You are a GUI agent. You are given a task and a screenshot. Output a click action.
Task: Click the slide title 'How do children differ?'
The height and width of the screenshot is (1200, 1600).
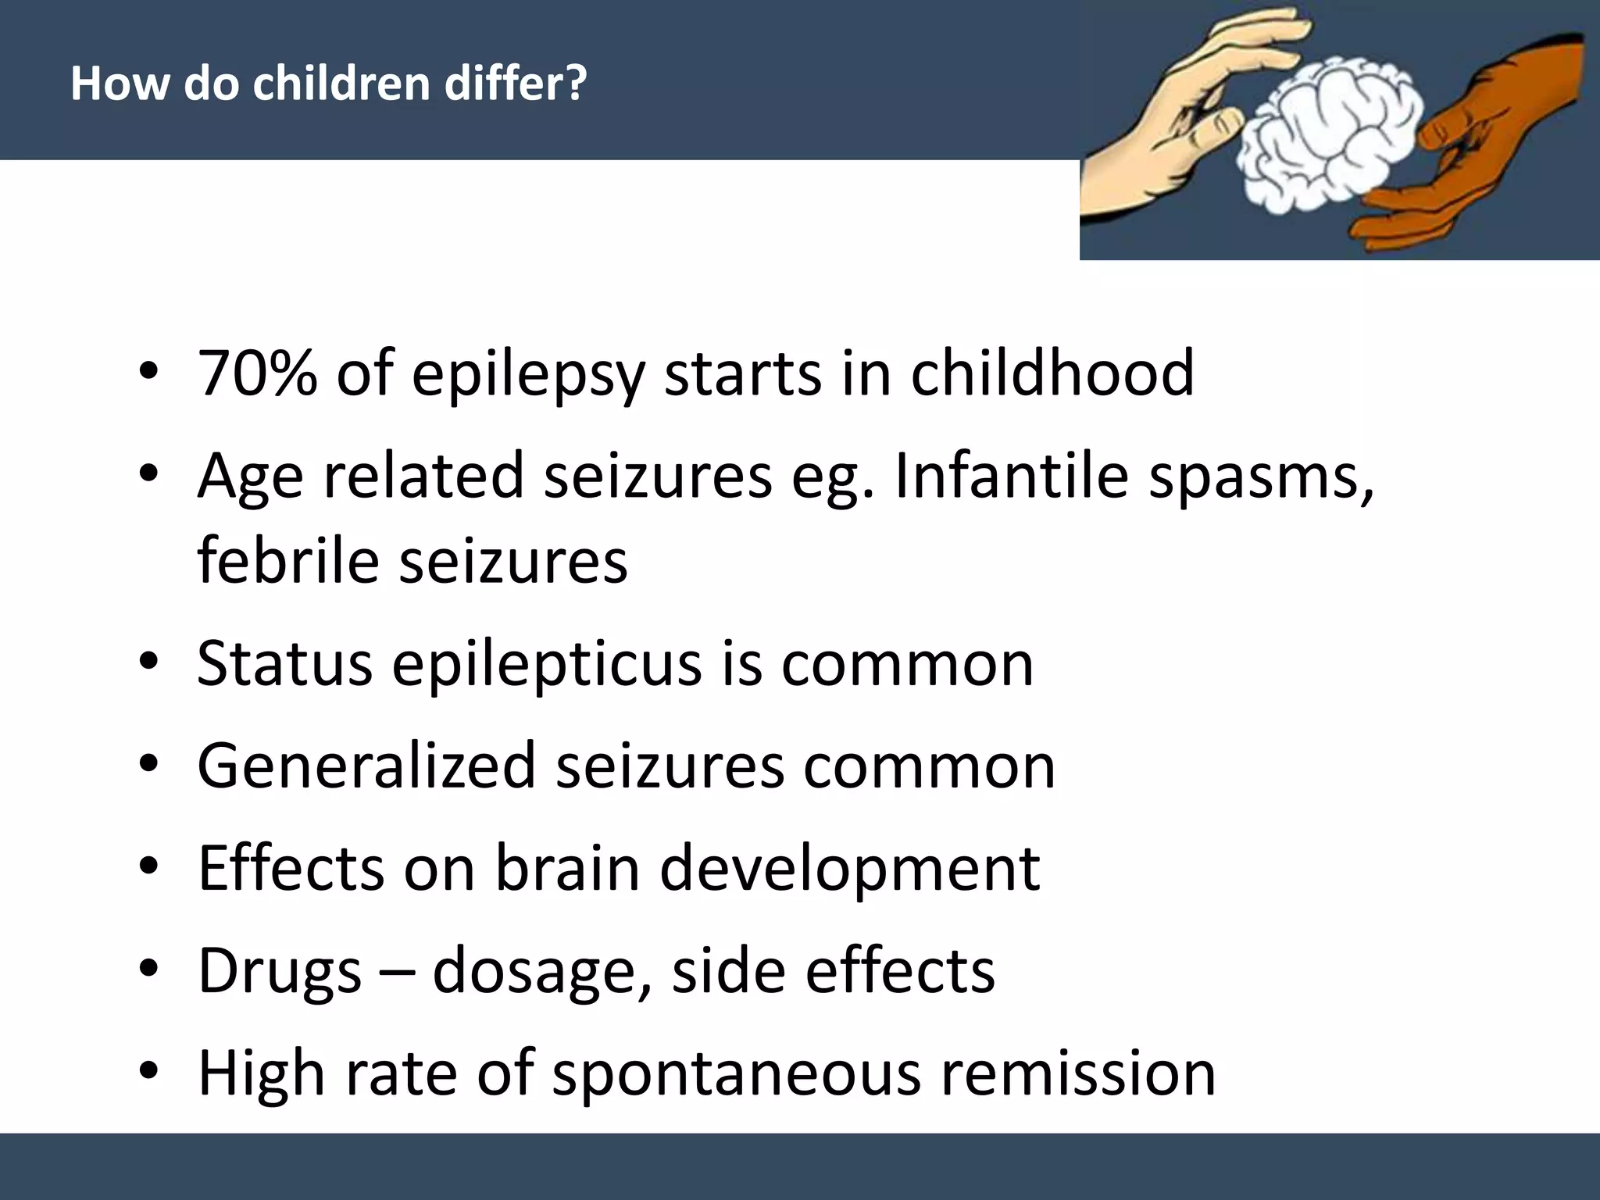click(328, 83)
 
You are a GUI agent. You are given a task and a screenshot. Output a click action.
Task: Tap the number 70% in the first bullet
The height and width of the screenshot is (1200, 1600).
click(257, 373)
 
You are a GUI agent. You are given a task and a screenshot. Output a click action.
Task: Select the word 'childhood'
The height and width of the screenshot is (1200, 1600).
click(1052, 373)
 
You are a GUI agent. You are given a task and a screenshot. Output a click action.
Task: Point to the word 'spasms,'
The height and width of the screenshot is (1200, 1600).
click(1261, 476)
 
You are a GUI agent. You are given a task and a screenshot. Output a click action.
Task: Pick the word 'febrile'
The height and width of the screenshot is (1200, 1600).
click(288, 560)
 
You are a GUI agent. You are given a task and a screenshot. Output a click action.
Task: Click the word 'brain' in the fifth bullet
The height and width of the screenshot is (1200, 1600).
click(567, 868)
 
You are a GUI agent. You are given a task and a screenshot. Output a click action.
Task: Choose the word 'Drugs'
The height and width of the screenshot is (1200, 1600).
click(280, 971)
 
